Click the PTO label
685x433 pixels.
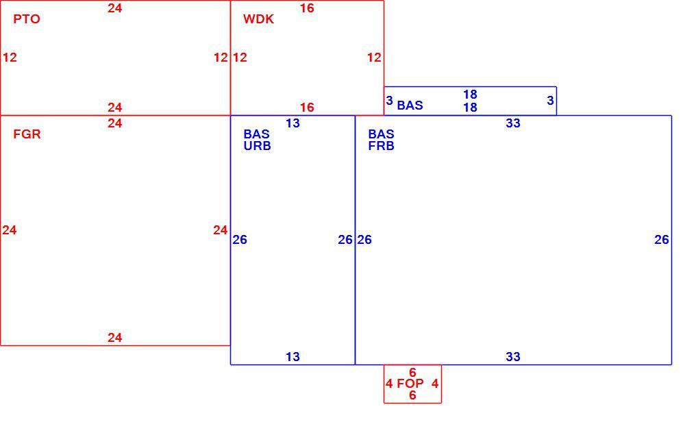27,19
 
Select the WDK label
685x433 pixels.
259,19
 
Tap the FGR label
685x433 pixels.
27,134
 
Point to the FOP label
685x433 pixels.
410,384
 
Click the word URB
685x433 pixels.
258,146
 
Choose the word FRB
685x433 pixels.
382,146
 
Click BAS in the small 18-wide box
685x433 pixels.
410,106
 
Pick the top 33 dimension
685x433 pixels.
513,123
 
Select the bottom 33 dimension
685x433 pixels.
513,357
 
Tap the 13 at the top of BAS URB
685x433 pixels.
292,123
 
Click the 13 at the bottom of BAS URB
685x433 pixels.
292,357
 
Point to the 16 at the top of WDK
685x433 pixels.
307,8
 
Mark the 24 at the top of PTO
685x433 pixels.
115,8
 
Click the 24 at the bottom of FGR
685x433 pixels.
115,338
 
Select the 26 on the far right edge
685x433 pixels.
662,239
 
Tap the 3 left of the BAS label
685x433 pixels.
390,101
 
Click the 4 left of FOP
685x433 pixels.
389,384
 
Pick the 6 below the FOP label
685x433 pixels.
412,395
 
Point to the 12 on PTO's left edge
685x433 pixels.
10,58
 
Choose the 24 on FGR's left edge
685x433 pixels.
10,230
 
